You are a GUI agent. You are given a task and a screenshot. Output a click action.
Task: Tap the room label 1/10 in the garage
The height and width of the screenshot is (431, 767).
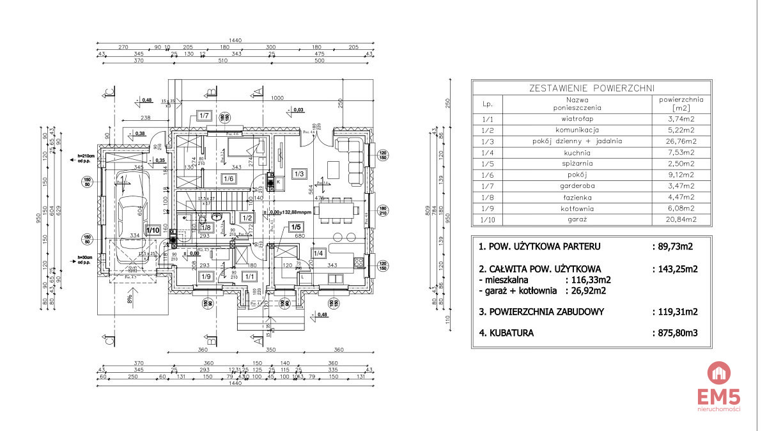tap(153, 230)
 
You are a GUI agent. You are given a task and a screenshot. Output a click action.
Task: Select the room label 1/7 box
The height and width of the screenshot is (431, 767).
tap(205, 116)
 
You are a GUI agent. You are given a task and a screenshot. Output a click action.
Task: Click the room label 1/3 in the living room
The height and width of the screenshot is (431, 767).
tap(298, 173)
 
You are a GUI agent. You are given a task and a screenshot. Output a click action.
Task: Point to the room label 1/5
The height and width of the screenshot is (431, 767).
tap(296, 226)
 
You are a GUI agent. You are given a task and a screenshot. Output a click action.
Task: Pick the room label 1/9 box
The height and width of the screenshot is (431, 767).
tap(205, 276)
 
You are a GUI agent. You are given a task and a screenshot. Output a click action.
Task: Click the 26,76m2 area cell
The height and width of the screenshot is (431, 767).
tap(681, 141)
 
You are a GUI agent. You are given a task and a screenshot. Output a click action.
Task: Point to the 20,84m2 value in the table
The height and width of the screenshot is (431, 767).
tap(681, 219)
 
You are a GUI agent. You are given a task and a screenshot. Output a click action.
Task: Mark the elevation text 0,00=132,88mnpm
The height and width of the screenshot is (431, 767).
tap(290, 213)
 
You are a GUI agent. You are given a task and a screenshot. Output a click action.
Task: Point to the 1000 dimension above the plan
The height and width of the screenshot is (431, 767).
tap(276, 98)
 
